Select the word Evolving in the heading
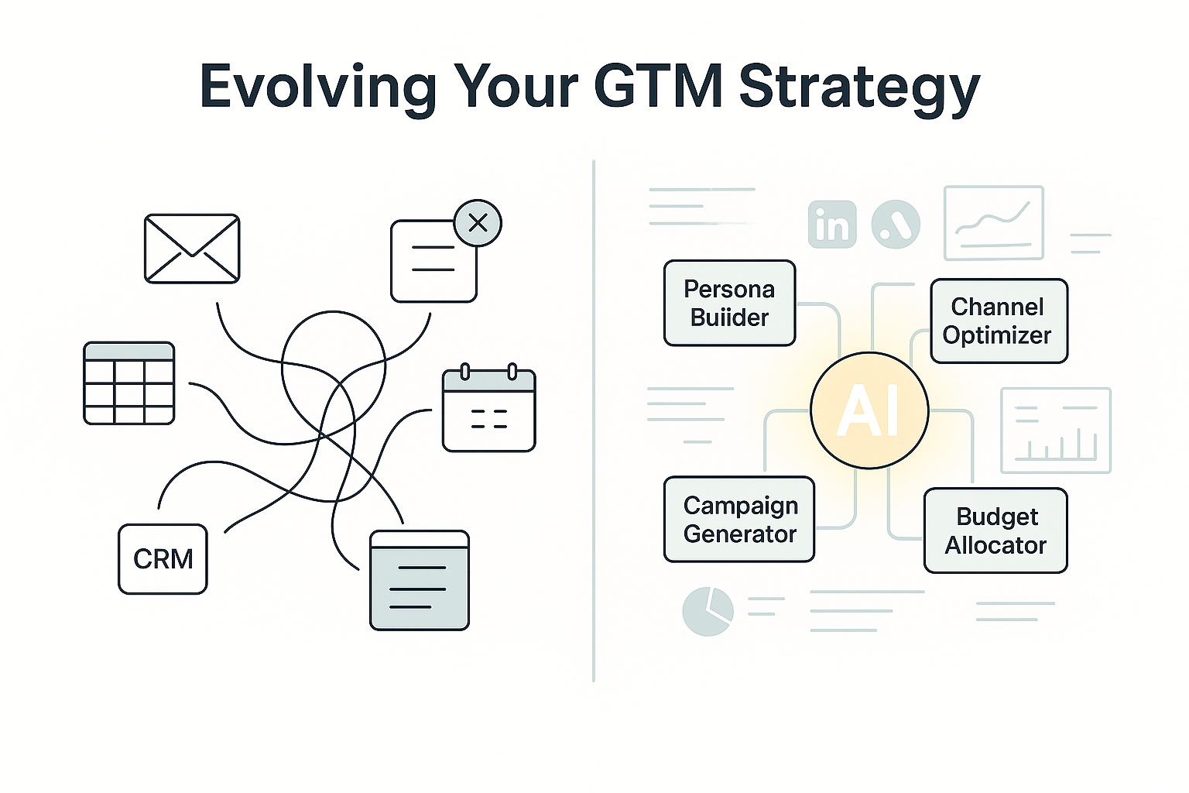318,88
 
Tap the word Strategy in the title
859,89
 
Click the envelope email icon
192,249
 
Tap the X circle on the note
478,223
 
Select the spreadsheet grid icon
129,383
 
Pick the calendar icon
489,408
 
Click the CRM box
163,559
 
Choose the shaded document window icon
420,580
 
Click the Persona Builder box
730,304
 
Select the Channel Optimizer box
999,321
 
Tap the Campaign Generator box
739,519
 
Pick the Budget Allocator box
995,530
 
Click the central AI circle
869,410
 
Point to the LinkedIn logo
832,224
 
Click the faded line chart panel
994,222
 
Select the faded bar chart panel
1056,431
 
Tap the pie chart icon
708,611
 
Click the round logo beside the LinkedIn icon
896,224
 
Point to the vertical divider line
594,421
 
